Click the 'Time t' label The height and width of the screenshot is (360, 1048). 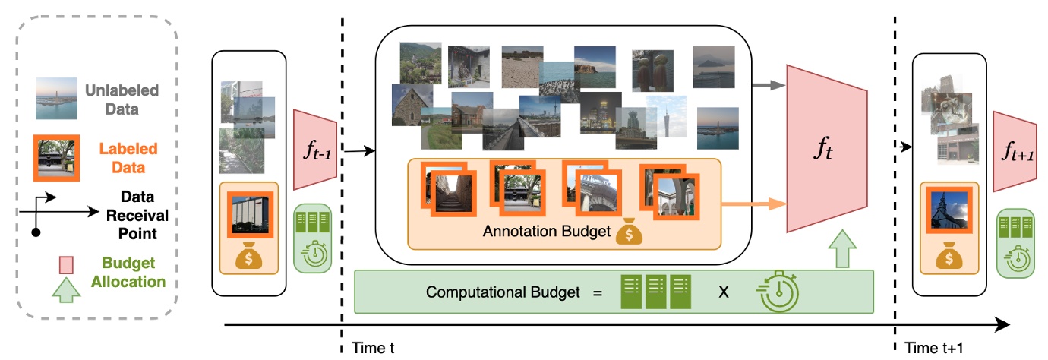point(374,349)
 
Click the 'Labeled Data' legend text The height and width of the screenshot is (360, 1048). point(129,158)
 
